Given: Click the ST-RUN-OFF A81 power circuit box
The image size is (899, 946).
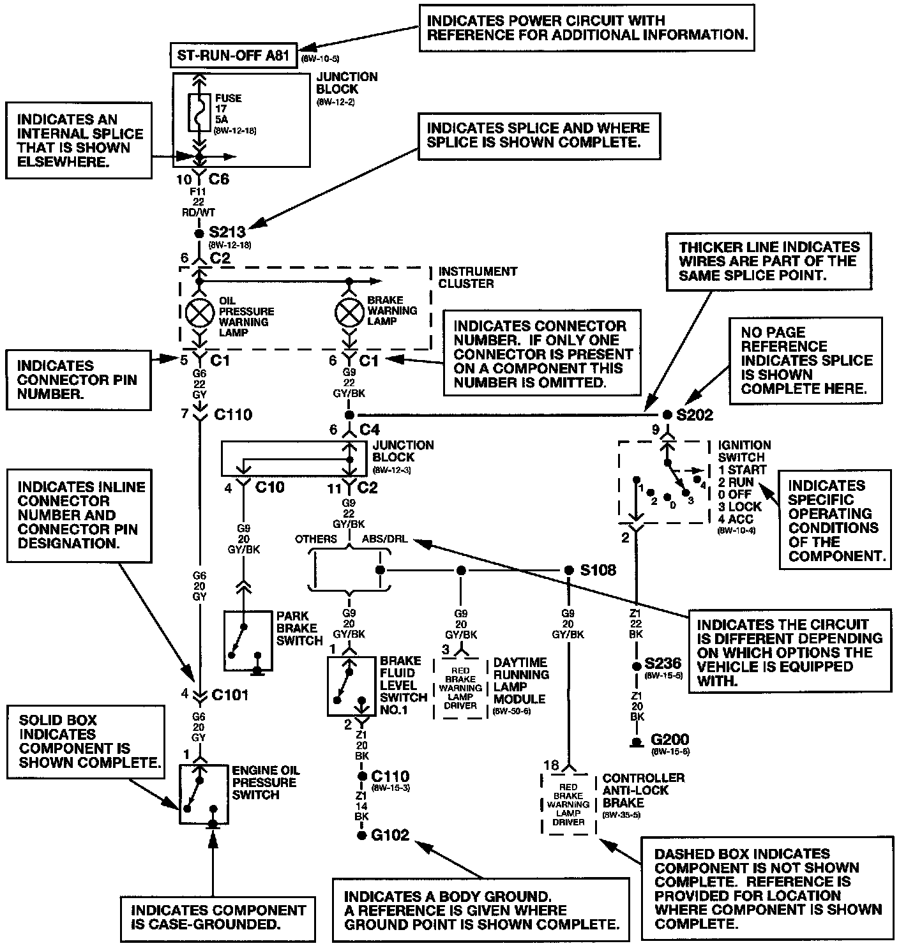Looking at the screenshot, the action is point(234,56).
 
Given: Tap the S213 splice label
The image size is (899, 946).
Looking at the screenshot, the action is point(227,232).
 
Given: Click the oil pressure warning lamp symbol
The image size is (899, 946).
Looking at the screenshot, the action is point(199,313).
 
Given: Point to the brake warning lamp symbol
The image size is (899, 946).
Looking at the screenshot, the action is point(349,313).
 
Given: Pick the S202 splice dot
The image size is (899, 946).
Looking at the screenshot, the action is point(667,414).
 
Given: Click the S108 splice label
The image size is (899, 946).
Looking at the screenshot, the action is point(598,570).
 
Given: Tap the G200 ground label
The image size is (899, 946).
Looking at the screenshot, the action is point(670,739).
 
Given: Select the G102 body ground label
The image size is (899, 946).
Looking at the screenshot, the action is point(390,834).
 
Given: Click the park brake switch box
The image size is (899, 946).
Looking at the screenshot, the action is point(248,641).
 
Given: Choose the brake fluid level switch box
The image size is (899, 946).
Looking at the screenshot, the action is point(351,686).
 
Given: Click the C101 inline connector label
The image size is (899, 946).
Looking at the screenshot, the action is point(230,695).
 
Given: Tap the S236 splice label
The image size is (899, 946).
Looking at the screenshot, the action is point(663,663).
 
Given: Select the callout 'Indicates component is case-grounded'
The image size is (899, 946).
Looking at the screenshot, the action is point(218,919).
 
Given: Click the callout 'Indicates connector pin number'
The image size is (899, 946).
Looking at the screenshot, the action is point(79,380).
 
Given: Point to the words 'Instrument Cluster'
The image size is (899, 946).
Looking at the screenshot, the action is point(478,277).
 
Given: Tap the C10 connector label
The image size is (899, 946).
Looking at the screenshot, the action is point(269,488).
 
